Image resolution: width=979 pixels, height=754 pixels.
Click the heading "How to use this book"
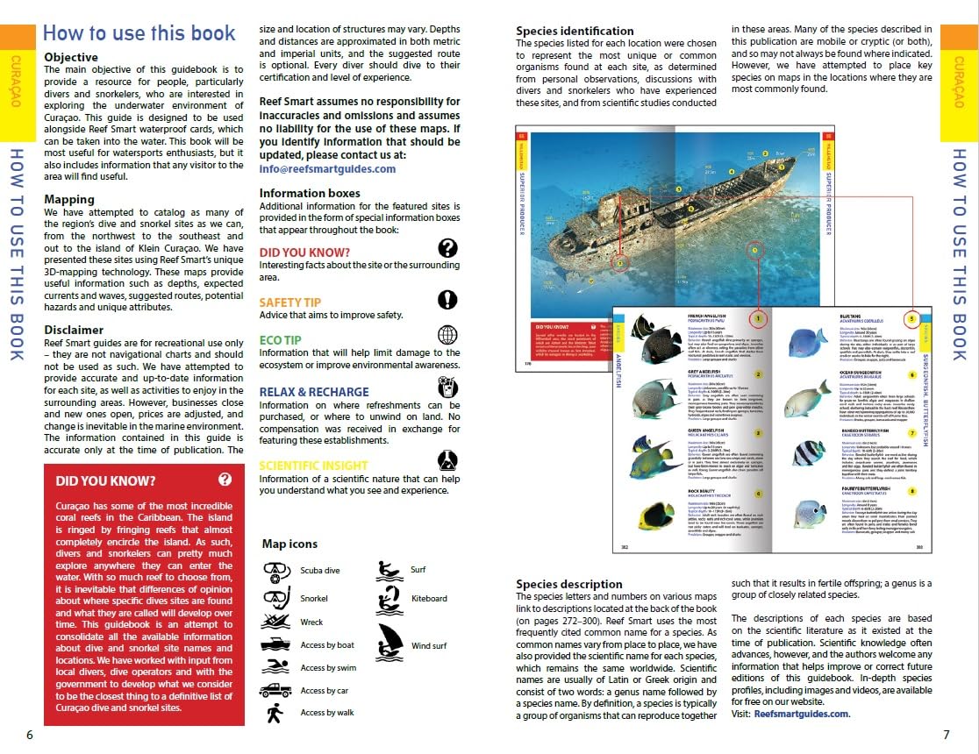139,33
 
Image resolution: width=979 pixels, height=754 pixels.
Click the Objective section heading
77,58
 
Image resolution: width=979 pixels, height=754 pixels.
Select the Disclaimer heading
74,330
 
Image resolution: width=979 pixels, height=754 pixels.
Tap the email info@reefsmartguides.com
327,169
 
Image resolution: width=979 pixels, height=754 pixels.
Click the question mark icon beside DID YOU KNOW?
447,248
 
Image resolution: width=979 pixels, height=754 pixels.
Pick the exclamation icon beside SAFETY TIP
447,300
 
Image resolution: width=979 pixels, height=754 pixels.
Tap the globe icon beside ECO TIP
447,336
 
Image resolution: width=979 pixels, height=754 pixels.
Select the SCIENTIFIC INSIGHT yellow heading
313,466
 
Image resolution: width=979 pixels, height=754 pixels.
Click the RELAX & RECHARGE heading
313,392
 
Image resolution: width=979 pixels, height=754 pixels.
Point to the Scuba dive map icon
276,572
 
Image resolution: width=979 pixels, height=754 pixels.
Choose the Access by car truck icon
275,690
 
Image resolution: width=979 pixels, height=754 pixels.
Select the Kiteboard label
429,599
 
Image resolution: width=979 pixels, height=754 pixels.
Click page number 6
29,735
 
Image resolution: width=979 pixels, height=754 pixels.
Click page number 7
947,735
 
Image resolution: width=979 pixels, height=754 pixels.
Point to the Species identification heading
575,31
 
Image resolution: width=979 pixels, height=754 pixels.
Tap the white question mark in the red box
225,479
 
